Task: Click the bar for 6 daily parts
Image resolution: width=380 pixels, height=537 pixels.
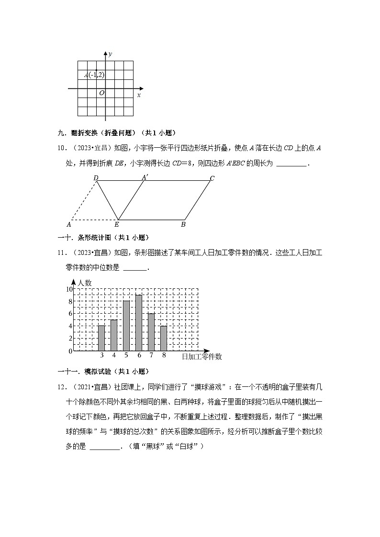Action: [138, 323]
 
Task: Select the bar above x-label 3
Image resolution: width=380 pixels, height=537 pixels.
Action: [101, 338]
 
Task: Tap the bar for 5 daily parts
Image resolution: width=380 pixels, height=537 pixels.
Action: [126, 326]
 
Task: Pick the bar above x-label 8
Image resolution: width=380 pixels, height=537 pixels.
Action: [164, 338]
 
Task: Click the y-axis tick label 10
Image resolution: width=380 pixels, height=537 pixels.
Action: [69, 289]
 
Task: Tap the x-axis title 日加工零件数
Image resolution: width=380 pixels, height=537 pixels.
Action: [201, 357]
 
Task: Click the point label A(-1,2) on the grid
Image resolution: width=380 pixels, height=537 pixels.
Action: [94, 75]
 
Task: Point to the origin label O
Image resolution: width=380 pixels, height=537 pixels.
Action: [101, 93]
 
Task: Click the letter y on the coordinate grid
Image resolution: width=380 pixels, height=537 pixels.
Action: [110, 54]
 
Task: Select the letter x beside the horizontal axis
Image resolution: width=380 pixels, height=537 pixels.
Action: [139, 95]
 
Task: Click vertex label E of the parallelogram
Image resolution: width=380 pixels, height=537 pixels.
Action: [117, 224]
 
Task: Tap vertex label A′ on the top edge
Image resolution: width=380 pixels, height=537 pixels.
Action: [144, 177]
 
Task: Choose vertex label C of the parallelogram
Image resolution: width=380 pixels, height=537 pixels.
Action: [212, 178]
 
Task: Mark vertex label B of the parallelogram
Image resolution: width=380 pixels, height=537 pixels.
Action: [183, 224]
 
